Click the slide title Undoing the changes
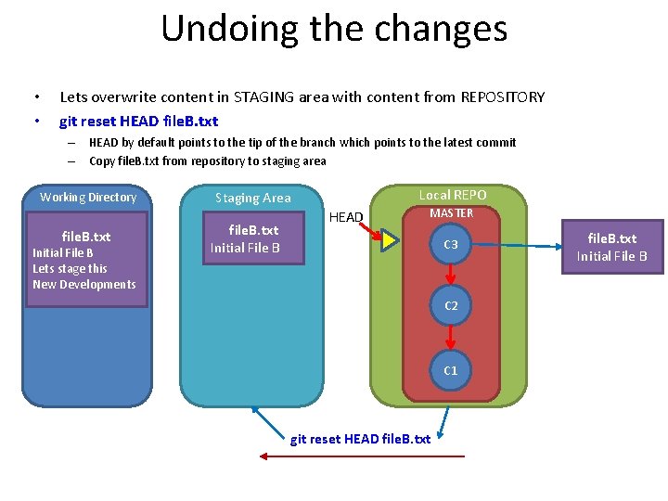334,28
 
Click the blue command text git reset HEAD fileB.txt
138,122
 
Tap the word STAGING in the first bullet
267,96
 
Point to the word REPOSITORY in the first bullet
502,96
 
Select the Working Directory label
88,198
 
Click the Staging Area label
252,198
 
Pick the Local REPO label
452,195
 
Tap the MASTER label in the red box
451,213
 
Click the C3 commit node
450,245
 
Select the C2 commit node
450,305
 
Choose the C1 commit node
450,370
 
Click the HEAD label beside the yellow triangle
347,218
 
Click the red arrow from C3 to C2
450,275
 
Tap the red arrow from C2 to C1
450,337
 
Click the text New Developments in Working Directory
84,285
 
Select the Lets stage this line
70,269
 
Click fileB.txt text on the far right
611,238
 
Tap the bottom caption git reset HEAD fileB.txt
360,439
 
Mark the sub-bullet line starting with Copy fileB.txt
207,161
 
